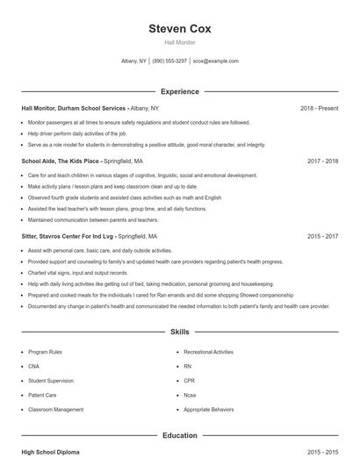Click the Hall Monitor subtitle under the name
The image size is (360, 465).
tap(180, 42)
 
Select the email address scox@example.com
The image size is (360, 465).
tap(216, 61)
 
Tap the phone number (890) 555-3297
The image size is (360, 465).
tap(169, 61)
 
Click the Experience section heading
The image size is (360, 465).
tap(180, 91)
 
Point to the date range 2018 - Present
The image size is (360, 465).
tap(320, 108)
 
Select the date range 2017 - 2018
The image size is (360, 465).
tap(323, 161)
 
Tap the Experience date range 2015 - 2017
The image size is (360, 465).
tap(323, 236)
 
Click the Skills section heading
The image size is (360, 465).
tap(180, 333)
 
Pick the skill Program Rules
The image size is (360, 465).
tap(44, 352)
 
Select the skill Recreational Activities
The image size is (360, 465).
tap(209, 352)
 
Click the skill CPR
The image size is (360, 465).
tap(189, 381)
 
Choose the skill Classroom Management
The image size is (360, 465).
tap(55, 409)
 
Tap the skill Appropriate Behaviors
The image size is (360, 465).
tap(210, 409)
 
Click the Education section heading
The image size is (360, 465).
tap(180, 435)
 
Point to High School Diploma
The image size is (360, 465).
tap(50, 452)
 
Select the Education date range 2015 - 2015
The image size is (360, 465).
tap(323, 452)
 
